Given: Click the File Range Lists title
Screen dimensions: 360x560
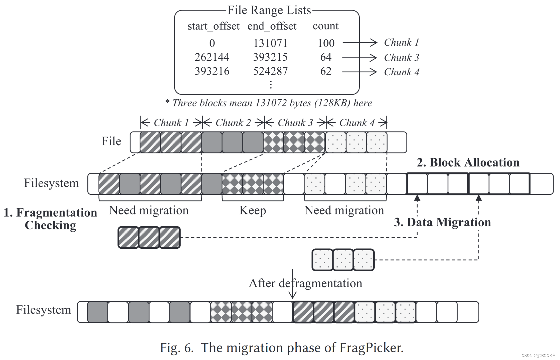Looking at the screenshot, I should point(269,10).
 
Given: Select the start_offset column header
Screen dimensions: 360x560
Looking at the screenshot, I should point(213,26).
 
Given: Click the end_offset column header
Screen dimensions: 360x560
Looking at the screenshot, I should point(272,26).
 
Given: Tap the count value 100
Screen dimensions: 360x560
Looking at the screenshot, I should point(326,43).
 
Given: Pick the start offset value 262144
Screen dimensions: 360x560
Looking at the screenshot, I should point(212,57).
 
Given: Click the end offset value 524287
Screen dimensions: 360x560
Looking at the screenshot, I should point(270,71).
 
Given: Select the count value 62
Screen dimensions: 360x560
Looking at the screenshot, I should point(326,71).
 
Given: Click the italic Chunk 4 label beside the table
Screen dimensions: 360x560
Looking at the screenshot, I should point(401,72).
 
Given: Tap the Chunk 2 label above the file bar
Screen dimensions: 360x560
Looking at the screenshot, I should point(233,123).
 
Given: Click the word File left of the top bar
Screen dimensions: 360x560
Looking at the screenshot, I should point(111,141).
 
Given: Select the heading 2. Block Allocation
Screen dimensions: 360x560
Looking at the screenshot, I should point(468,163).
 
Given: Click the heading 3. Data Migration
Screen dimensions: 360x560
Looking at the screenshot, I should point(442,222).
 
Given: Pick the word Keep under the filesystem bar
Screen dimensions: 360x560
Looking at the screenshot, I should point(252,210).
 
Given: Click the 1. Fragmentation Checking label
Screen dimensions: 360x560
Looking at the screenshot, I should point(50,219).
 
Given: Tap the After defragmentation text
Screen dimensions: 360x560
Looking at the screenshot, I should point(305,283).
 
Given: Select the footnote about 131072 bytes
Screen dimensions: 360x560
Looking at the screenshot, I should point(268,103).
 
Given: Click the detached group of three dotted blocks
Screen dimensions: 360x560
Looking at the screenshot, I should point(343,260).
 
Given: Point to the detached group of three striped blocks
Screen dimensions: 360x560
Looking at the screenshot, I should point(149,237).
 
